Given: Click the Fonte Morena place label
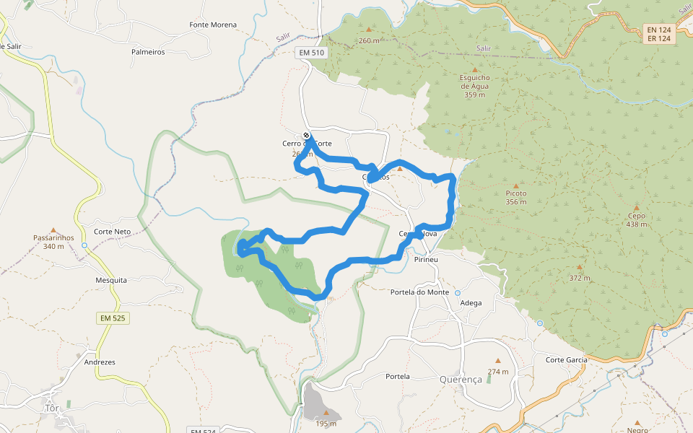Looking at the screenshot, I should [x=213, y=25].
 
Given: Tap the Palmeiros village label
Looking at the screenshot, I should [x=148, y=52].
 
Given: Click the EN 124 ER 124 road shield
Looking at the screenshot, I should [x=659, y=34].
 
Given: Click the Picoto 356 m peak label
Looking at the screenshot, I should [x=515, y=197].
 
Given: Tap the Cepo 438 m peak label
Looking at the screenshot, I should [x=636, y=219].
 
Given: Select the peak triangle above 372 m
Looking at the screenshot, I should [x=579, y=266].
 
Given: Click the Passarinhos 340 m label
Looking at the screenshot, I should [x=53, y=241].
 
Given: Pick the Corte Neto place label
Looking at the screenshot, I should [x=113, y=232].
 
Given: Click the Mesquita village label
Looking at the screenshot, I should [x=111, y=280].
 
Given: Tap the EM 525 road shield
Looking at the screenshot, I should [x=112, y=318].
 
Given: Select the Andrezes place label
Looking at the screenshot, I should [x=100, y=362].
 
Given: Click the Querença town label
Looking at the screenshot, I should [x=461, y=380].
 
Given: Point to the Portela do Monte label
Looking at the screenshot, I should [x=419, y=292].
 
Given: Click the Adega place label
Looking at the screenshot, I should [x=471, y=303].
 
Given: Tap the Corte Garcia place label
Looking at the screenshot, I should [x=567, y=359].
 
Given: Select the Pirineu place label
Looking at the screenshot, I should [x=427, y=258].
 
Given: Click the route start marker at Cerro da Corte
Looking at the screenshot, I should [x=307, y=135].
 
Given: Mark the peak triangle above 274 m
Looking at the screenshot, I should [x=497, y=361].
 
